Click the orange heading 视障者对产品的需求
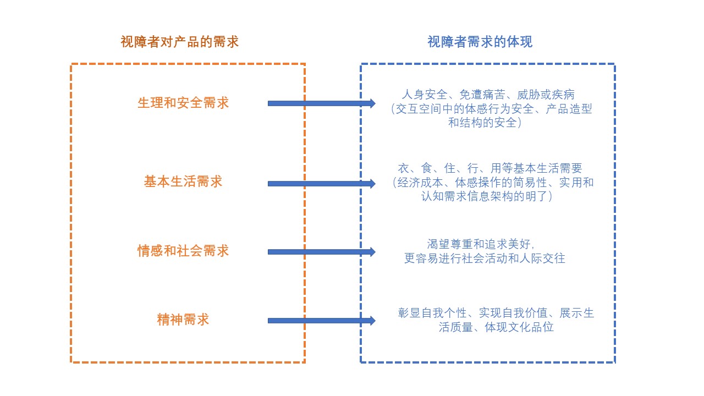(180, 42)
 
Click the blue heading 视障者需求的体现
(480, 42)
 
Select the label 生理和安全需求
(183, 103)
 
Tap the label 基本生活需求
(183, 182)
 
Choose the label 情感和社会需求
(183, 251)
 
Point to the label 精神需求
(183, 320)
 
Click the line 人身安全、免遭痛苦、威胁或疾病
(488, 94)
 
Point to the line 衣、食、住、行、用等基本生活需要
(490, 168)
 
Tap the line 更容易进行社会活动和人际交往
(485, 258)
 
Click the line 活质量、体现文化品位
(496, 328)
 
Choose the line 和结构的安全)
(485, 123)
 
